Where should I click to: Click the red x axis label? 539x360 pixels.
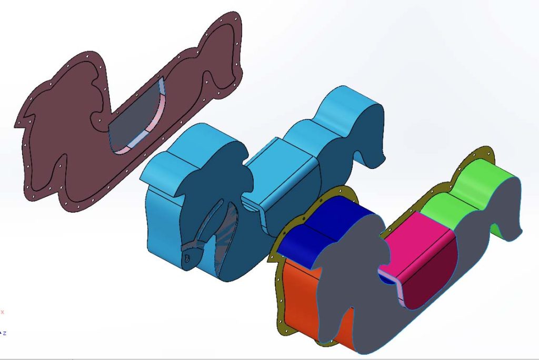tap(2, 312)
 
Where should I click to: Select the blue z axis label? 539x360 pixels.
tap(4, 333)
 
